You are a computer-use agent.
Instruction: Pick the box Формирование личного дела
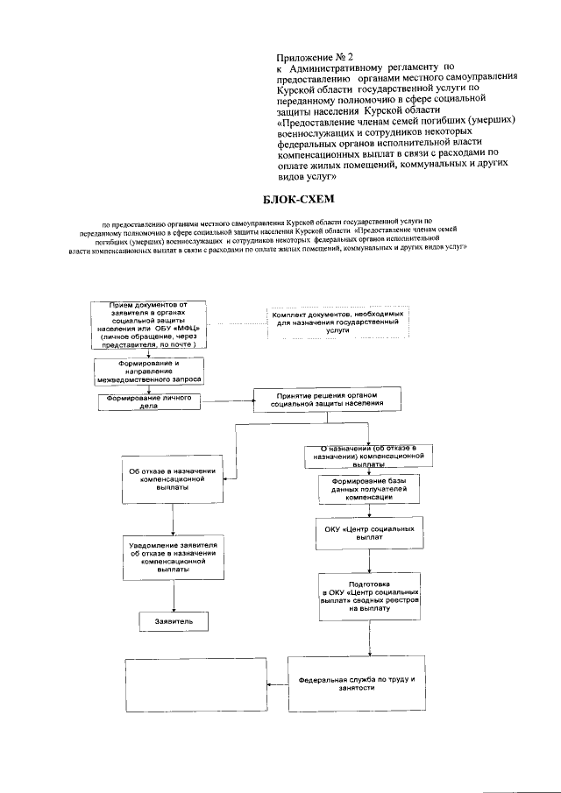(x=148, y=402)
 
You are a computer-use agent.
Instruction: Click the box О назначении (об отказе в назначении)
(x=367, y=456)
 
